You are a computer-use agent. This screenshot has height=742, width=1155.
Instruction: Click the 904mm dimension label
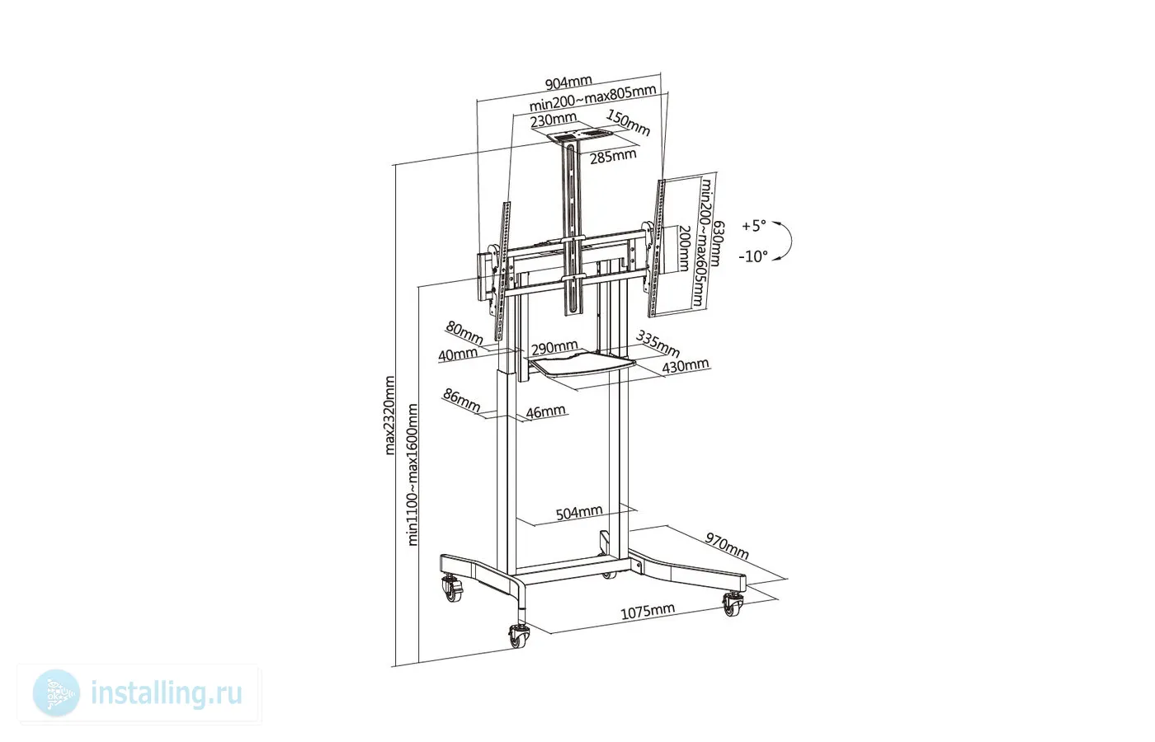click(568, 82)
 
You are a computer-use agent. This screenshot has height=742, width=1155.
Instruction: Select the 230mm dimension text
click(554, 120)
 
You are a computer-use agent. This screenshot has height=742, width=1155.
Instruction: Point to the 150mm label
click(628, 123)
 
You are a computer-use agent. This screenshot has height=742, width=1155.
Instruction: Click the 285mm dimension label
click(613, 156)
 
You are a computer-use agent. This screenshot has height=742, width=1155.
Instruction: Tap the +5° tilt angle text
click(754, 226)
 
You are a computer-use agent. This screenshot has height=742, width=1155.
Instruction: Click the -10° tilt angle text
click(753, 256)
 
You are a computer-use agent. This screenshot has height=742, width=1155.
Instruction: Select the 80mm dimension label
click(464, 333)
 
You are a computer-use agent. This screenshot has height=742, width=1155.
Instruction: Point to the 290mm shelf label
click(554, 348)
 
